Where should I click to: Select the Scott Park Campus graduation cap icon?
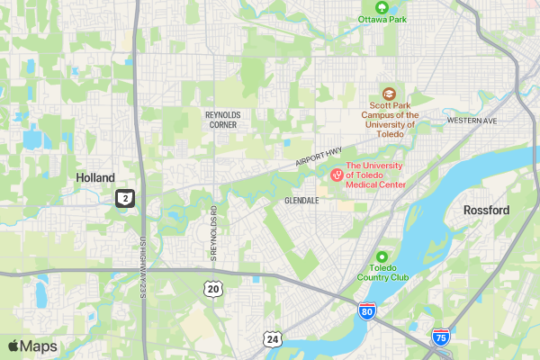pyautogui.click(x=389, y=93)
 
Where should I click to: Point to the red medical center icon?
pyautogui.click(x=337, y=175)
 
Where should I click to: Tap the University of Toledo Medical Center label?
pyautogui.click(x=376, y=175)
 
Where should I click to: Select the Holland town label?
pyautogui.click(x=95, y=177)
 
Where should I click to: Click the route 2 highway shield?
pyautogui.click(x=125, y=198)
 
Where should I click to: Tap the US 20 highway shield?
pyautogui.click(x=212, y=288)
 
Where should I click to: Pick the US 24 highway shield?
pyautogui.click(x=272, y=338)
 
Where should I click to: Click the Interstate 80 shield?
pyautogui.click(x=366, y=312)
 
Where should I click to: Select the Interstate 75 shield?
pyautogui.click(x=440, y=337)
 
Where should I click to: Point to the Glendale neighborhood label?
pyautogui.click(x=301, y=200)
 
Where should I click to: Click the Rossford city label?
pyautogui.click(x=486, y=210)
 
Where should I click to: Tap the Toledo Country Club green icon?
pyautogui.click(x=382, y=256)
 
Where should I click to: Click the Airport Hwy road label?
pyautogui.click(x=319, y=157)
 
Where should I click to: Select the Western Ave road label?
pyautogui.click(x=471, y=120)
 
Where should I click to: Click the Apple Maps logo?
pyautogui.click(x=32, y=346)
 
